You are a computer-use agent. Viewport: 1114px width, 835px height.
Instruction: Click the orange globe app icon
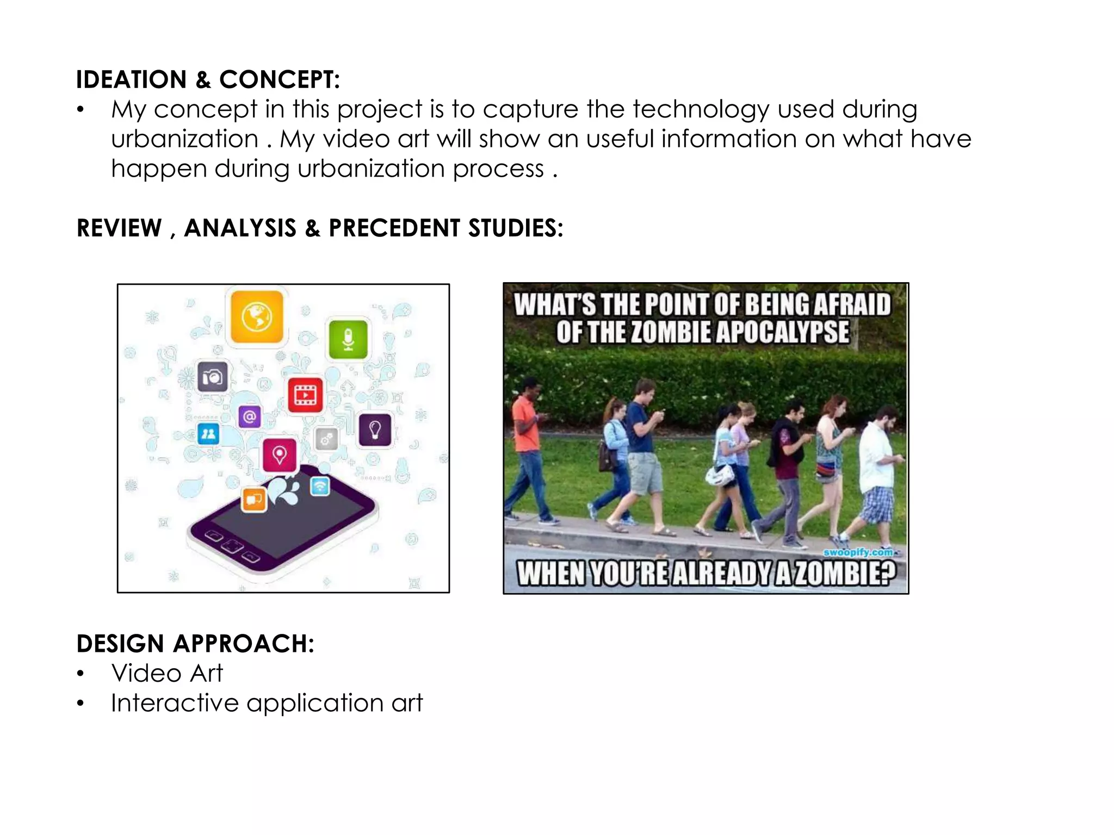coord(257,316)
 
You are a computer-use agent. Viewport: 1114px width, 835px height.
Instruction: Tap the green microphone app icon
coord(348,340)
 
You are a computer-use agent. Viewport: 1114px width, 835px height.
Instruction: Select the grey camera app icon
coord(212,376)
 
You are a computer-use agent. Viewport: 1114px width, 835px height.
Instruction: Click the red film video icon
coord(305,395)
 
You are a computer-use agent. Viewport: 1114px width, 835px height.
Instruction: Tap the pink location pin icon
coord(280,454)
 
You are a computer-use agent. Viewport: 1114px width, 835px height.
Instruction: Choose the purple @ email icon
coord(250,417)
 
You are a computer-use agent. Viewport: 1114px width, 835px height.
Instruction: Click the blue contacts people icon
coord(208,434)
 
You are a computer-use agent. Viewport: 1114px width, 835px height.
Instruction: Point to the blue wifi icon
coord(320,485)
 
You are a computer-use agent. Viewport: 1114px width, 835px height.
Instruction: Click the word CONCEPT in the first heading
coord(279,80)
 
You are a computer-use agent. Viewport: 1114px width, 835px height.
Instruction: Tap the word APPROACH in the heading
coord(243,644)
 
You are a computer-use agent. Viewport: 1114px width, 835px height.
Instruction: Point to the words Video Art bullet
coord(167,673)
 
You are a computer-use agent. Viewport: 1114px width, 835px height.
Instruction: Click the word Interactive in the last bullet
coord(175,703)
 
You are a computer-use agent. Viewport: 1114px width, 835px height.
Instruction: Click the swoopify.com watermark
coord(858,552)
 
